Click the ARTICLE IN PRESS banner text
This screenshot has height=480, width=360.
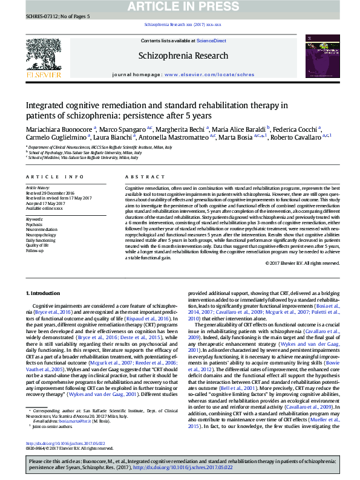[x=180, y=7]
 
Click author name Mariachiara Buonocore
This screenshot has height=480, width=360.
[x=58, y=129]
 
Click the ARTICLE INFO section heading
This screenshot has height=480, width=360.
[x=54, y=177]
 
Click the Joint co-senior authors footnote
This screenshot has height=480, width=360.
[x=49, y=443]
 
